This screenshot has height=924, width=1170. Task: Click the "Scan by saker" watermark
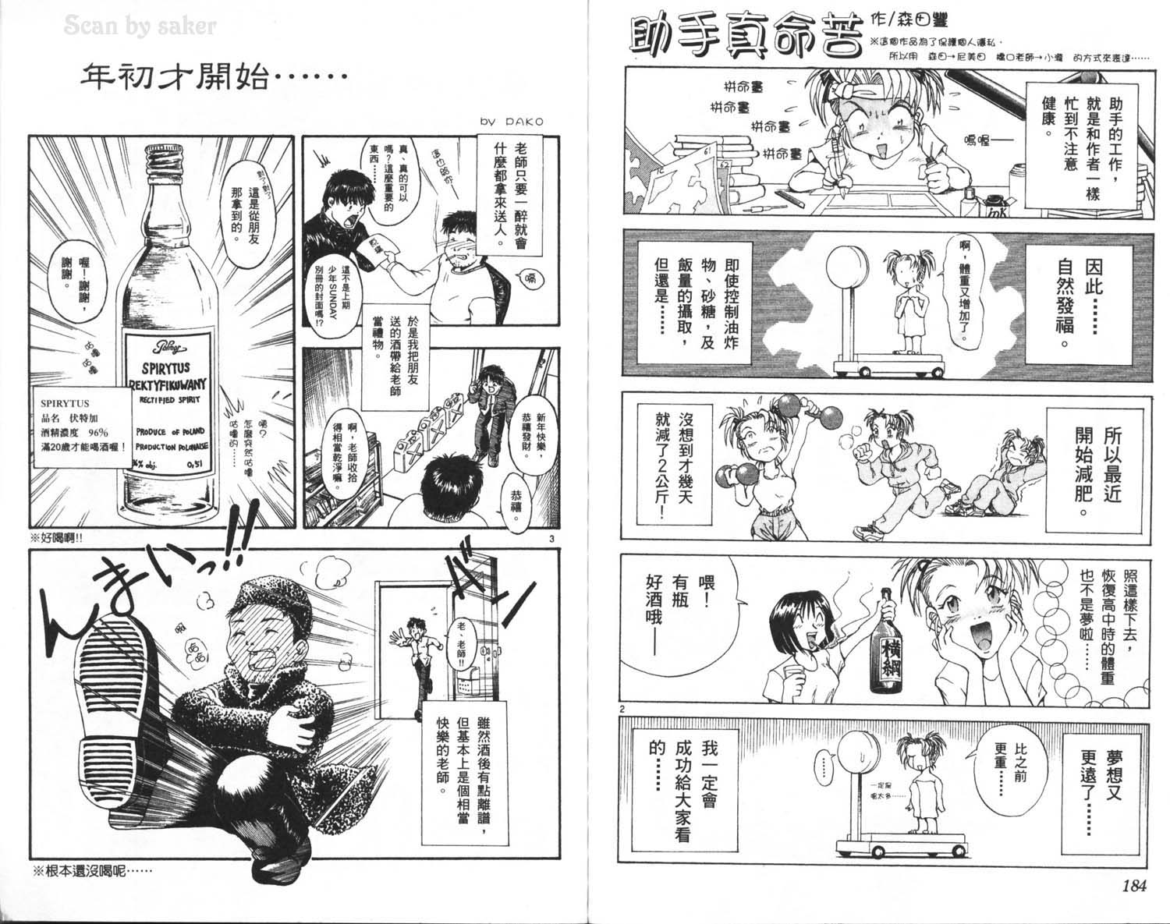point(140,27)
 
